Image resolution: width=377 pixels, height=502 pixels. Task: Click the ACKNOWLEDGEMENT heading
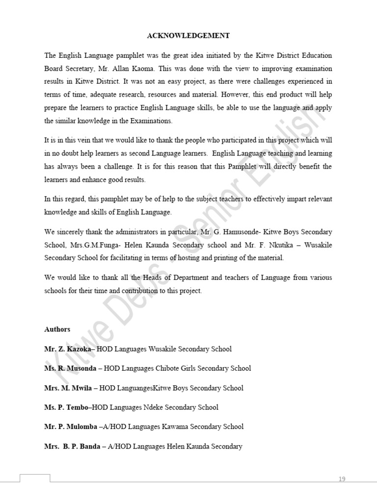click(188, 36)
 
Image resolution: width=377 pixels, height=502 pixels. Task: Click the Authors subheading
click(57, 329)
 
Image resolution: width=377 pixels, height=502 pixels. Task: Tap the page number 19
click(342, 479)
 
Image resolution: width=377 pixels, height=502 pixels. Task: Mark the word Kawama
click(173, 427)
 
